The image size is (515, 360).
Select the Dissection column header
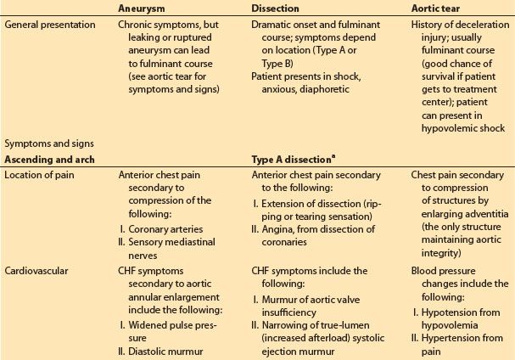[x=275, y=7]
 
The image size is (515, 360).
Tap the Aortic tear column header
[x=432, y=7]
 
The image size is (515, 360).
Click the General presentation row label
[x=49, y=25]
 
